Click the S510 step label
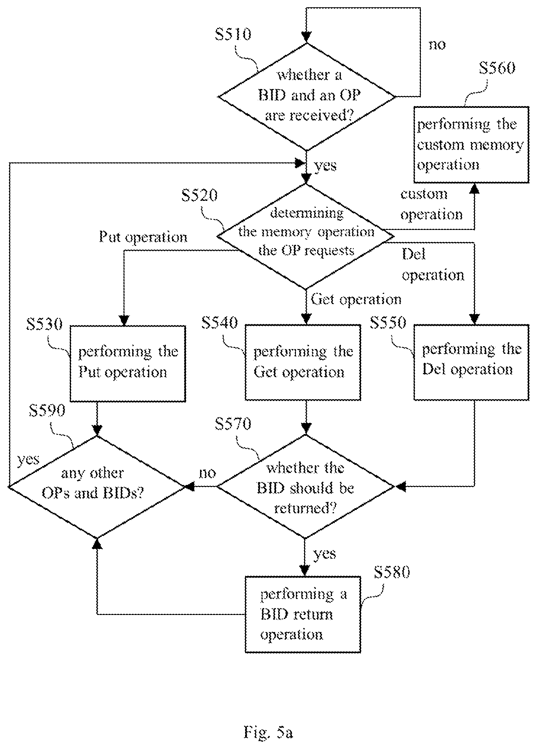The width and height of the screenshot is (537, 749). point(233,35)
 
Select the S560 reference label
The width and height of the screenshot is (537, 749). point(497,68)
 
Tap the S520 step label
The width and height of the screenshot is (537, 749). point(199,195)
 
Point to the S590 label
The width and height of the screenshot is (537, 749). point(47,410)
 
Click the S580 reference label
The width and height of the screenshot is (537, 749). point(391,572)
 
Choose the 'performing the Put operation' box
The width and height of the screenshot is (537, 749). point(127,363)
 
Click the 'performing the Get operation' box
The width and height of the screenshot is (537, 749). point(303,362)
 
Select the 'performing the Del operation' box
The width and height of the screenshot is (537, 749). point(471,362)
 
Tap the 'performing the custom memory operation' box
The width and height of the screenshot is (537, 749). point(471,144)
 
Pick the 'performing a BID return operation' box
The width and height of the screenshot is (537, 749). point(303,614)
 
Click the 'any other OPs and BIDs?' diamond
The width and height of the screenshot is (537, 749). point(97,486)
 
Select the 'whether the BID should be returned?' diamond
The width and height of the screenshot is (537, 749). point(305,486)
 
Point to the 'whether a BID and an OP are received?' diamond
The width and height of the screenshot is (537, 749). point(307,97)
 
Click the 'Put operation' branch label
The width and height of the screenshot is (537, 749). point(143,237)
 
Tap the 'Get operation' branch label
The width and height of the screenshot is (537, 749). point(356,299)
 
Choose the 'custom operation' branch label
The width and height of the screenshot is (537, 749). point(431,204)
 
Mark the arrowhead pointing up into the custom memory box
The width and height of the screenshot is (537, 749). point(474,188)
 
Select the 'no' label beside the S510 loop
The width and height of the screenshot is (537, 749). point(437,44)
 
